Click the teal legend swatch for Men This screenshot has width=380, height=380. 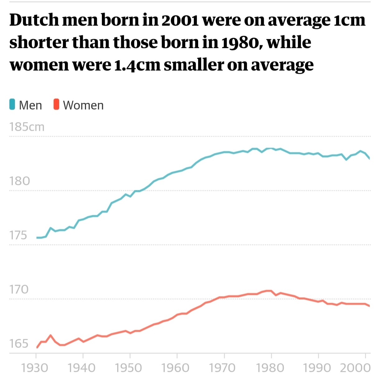tap(12, 105)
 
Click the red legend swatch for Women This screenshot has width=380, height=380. tap(56, 105)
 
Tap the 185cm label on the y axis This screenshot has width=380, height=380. tap(27, 127)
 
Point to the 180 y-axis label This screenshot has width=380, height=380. tap(20, 181)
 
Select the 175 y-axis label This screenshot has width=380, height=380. tap(18, 235)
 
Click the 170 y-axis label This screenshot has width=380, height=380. tap(19, 289)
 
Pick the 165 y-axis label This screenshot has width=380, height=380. tap(19, 344)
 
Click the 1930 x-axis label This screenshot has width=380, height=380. tap(35, 368)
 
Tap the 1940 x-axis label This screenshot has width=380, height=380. tap(82, 368)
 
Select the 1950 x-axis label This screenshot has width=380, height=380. tap(128, 368)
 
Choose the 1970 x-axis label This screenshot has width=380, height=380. tap(222, 368)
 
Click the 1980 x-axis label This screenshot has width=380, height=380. tap(270, 368)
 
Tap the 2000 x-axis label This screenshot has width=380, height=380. tap(355, 368)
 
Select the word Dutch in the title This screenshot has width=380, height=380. tap(34, 20)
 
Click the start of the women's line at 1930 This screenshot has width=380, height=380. tap(37, 347)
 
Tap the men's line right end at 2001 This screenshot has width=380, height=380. tap(369, 159)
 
